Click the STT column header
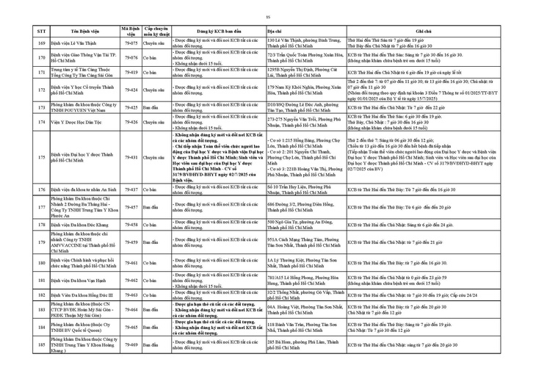point(42,32)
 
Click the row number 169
point(42,43)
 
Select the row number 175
point(42,157)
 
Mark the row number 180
point(42,262)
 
